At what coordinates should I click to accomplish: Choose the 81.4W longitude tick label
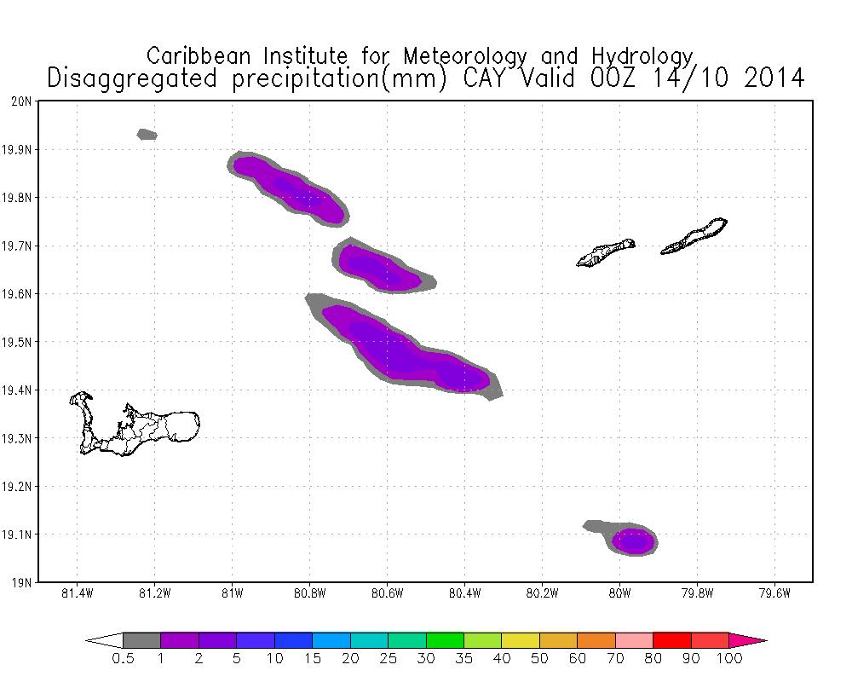coord(78,596)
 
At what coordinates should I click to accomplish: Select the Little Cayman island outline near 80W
coord(606,253)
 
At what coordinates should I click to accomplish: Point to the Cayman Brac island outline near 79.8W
coord(694,236)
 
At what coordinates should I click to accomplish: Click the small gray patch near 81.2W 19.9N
coord(147,134)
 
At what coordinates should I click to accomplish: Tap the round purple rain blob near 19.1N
coord(634,541)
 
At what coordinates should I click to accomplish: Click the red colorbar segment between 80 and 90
coord(671,640)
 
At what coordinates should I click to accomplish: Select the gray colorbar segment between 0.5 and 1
coord(141,640)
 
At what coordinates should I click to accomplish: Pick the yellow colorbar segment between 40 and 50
coord(520,640)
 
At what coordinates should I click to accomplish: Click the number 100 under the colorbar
coord(729,659)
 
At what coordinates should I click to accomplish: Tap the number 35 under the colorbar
coord(463,659)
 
